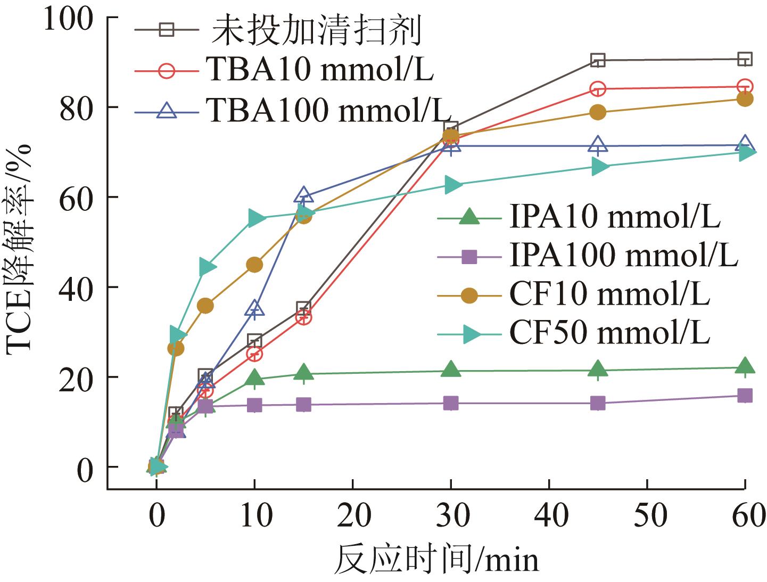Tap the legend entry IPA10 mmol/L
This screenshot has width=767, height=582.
click(x=615, y=217)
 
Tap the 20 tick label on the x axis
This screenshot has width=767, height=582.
click(x=353, y=515)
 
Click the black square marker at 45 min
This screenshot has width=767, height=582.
click(x=598, y=60)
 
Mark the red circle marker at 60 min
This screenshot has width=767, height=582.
click(x=745, y=87)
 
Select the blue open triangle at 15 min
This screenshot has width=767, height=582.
click(x=303, y=195)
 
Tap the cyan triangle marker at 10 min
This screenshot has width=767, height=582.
click(x=255, y=218)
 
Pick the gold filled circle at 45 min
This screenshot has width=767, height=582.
click(x=598, y=112)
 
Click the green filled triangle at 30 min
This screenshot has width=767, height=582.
click(x=451, y=369)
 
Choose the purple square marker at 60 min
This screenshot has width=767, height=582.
click(x=745, y=395)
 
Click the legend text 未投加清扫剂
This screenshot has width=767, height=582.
click(x=317, y=31)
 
